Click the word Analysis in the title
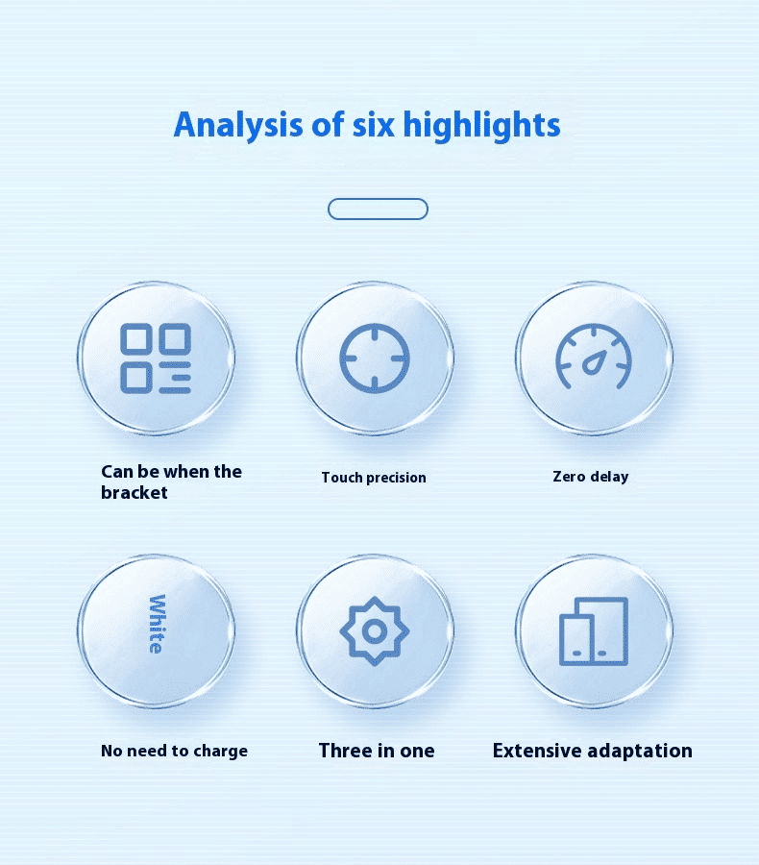(237, 125)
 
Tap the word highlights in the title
(481, 125)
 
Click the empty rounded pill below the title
(378, 210)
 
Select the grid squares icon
(156, 358)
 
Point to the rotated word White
(157, 624)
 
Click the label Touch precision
(374, 477)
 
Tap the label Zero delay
(591, 476)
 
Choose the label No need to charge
(174, 751)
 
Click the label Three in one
(377, 751)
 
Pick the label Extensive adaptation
(593, 751)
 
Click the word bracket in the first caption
(135, 492)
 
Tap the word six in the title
(374, 125)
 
